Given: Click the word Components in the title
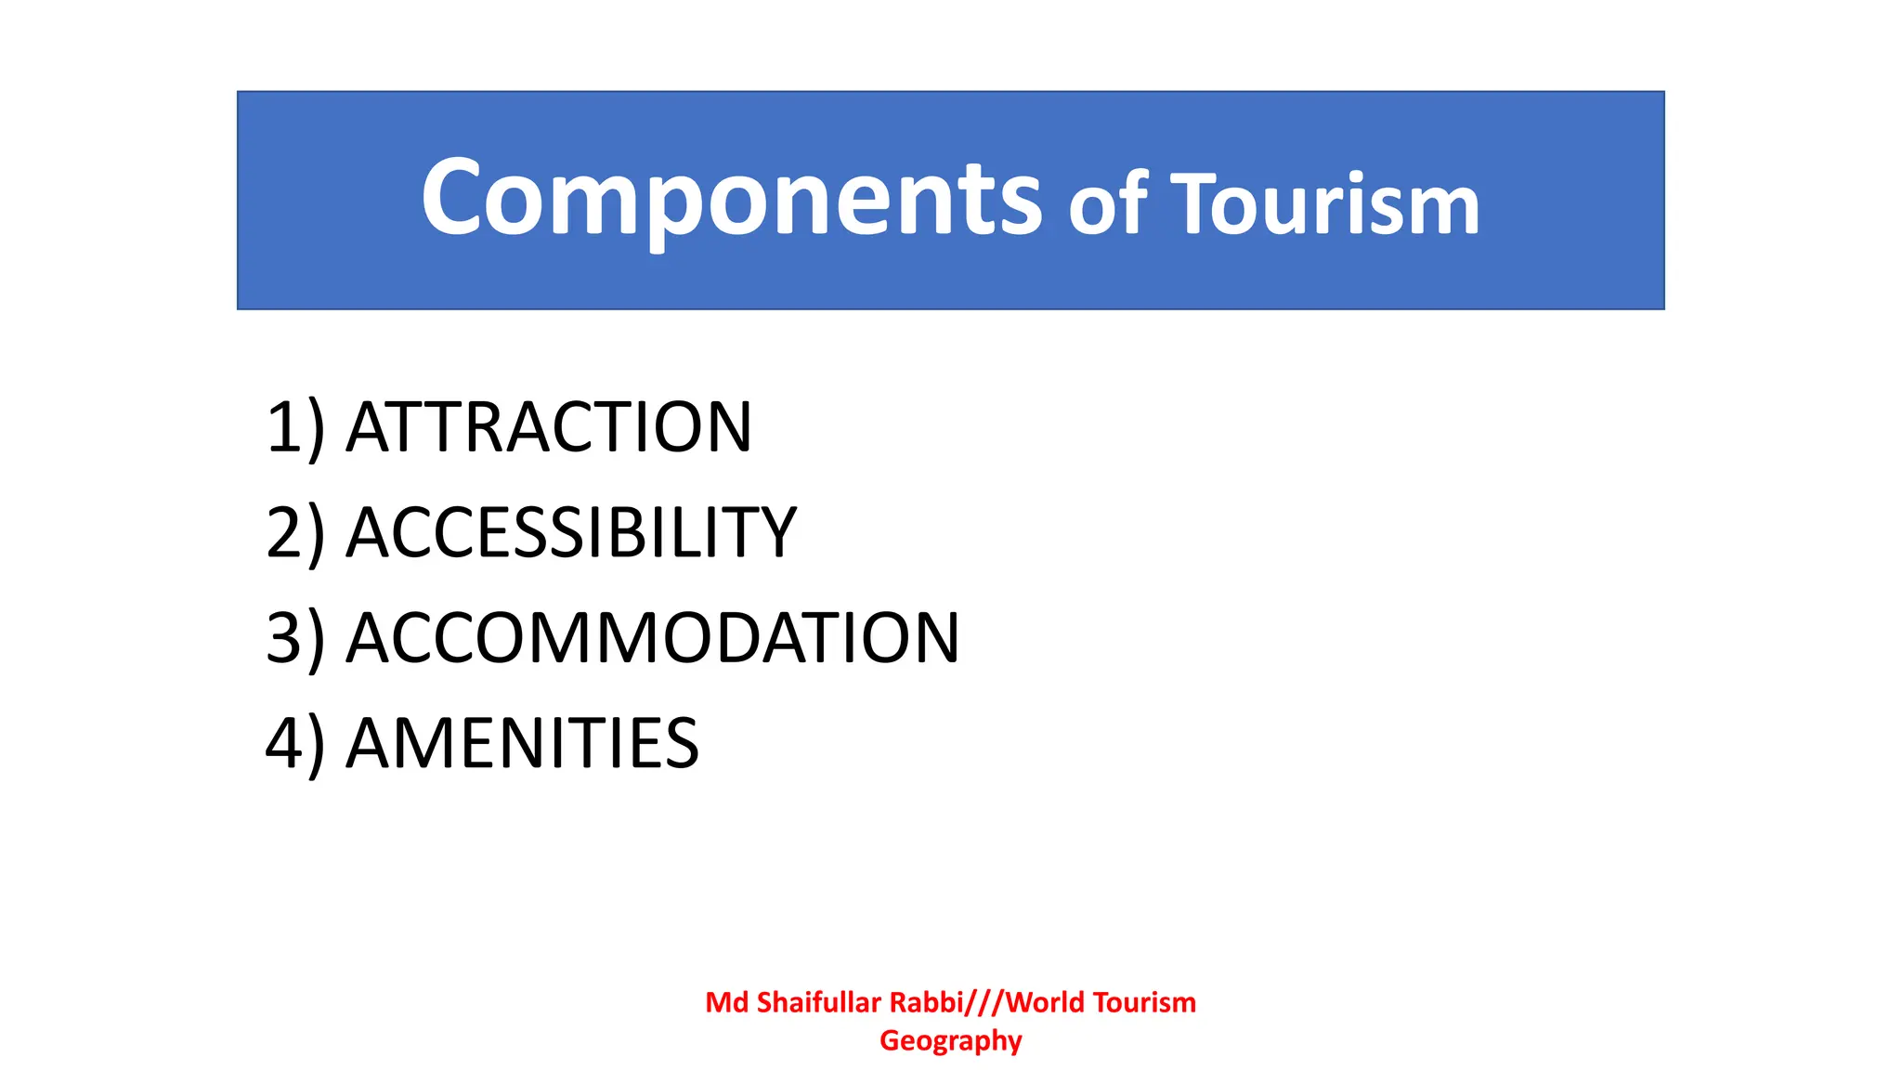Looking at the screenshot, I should [731, 199].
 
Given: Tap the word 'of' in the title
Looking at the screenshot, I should [1108, 204].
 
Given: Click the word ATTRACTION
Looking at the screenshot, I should [549, 427].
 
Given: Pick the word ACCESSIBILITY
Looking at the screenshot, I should [571, 533].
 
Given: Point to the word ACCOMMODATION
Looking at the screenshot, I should [653, 639].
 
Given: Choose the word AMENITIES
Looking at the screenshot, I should [522, 744].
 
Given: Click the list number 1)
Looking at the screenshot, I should [295, 427].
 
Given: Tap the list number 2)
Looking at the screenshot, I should [295, 533].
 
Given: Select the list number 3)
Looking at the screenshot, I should [295, 639].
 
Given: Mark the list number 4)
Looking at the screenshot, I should [295, 744].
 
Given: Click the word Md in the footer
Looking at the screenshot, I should [726, 1002].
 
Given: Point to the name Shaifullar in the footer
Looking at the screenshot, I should [818, 1002].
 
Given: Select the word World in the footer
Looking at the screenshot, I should [1045, 1002].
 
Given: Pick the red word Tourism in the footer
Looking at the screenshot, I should [1144, 1002].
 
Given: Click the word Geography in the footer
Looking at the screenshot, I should [950, 1041].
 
